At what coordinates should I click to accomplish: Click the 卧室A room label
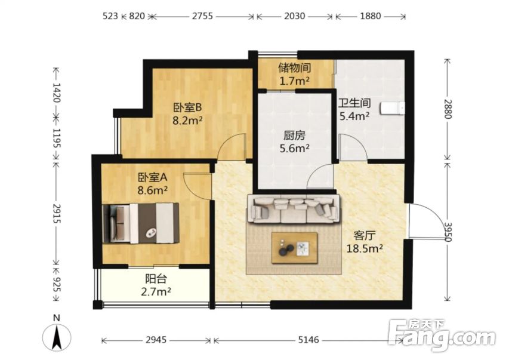coord(153,177)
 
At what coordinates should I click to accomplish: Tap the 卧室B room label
coord(188,107)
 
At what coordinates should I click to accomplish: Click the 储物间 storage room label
coord(295,68)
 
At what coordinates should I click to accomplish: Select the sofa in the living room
coord(292,208)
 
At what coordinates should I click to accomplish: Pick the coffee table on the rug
coord(294,248)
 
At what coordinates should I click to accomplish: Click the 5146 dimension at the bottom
coord(308,340)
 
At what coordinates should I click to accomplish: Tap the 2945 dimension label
coord(155,340)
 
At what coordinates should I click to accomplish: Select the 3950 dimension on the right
coord(448,230)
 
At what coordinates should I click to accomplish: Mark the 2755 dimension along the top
coord(202,17)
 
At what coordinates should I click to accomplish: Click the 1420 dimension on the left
coord(57,93)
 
